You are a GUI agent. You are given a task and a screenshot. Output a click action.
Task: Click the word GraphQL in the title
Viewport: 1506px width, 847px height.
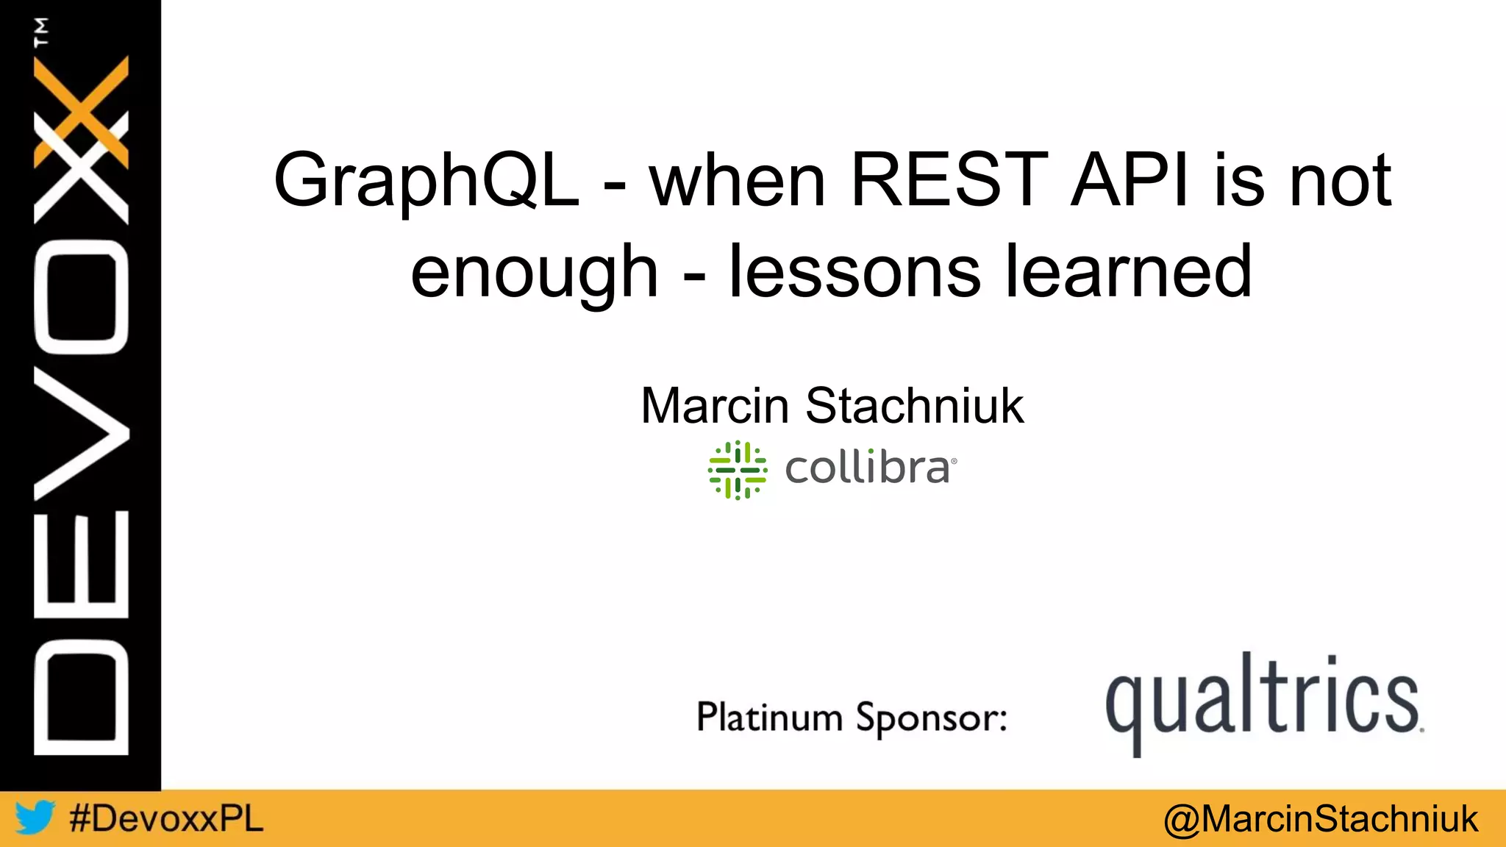[427, 181]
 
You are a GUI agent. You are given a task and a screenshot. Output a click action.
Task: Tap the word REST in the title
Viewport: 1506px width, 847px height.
[949, 179]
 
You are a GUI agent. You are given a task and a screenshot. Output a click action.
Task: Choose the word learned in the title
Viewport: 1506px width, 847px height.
[1129, 271]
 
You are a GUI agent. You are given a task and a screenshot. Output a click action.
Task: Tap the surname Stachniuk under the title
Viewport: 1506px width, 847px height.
[914, 406]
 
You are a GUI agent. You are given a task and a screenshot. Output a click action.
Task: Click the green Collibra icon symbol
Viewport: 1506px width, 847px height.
[738, 470]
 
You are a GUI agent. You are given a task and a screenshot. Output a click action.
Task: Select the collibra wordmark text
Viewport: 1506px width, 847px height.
[868, 468]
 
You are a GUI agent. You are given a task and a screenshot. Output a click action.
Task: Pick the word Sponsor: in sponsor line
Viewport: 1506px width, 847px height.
[931, 718]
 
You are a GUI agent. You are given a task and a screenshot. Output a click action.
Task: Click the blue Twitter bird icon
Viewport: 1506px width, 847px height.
[35, 818]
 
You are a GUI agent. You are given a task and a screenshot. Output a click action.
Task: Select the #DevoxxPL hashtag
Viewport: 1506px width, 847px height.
[166, 818]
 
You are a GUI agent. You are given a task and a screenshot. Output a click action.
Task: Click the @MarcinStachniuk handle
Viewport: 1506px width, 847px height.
[1321, 819]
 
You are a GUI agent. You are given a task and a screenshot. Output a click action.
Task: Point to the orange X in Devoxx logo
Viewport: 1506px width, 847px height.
[81, 110]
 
